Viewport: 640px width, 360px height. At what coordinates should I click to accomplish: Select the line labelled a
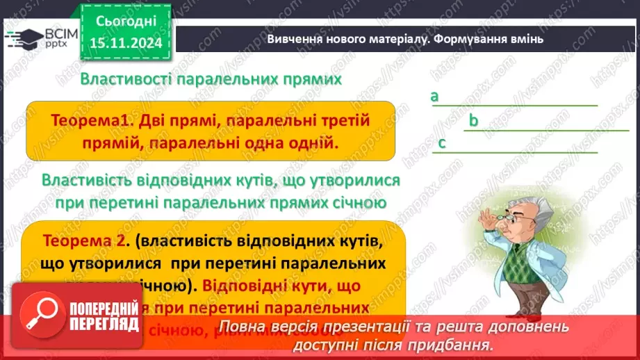coord(518,105)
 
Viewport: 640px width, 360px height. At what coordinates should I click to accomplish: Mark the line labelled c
coord(518,152)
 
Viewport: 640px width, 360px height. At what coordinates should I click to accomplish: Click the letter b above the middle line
coord(473,121)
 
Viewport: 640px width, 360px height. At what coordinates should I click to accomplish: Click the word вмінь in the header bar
coord(527,39)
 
